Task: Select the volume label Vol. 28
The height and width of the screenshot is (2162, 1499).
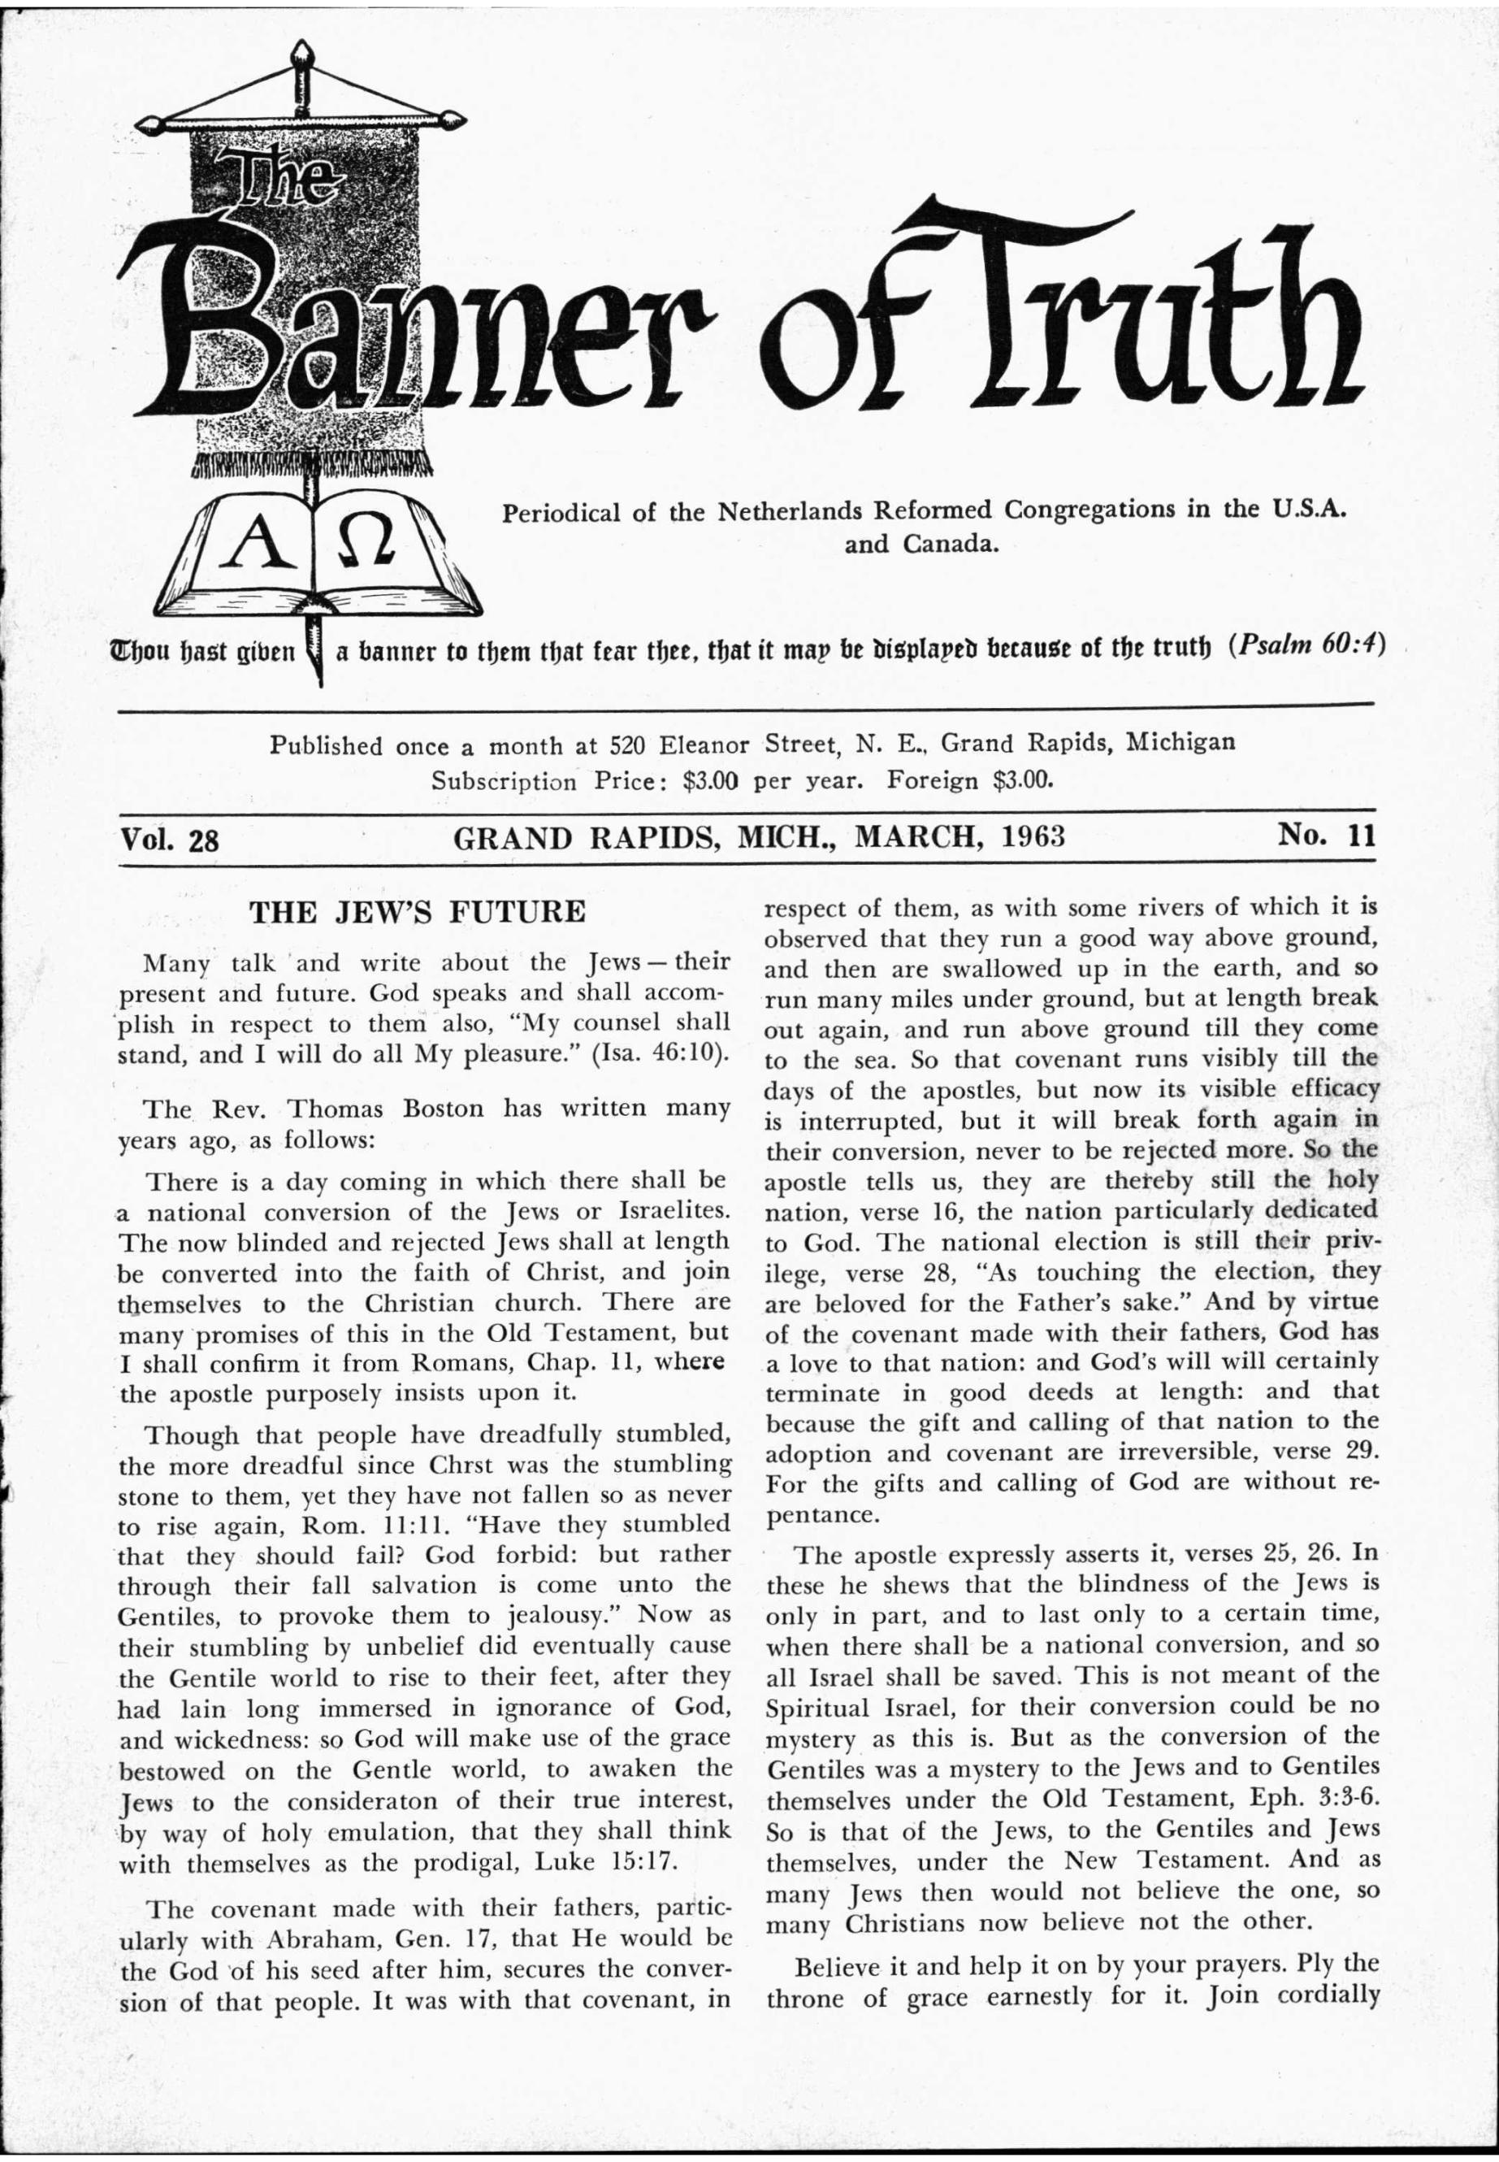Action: click(x=170, y=838)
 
